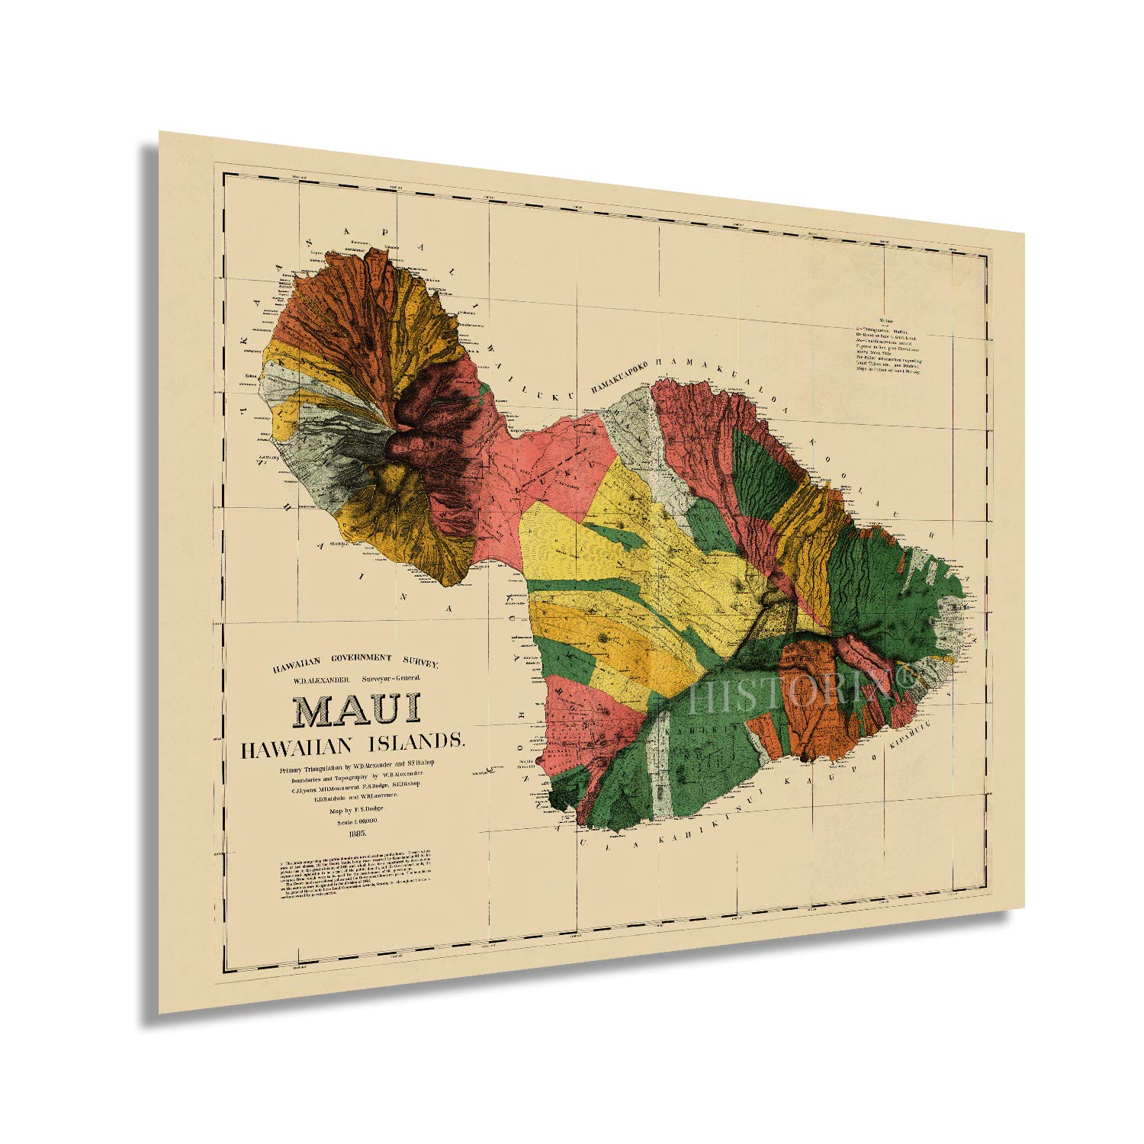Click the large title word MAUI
click(355, 709)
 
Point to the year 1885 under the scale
click(355, 833)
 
